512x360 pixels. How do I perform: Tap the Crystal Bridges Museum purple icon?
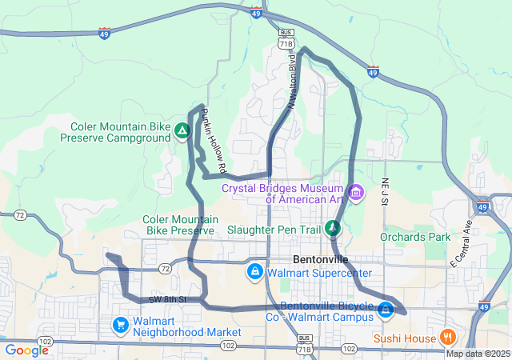pyautogui.click(x=357, y=193)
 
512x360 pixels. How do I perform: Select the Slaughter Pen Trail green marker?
pyautogui.click(x=334, y=229)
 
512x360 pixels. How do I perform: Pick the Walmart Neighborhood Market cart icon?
pyautogui.click(x=120, y=325)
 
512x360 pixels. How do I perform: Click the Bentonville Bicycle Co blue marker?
pyautogui.click(x=386, y=309)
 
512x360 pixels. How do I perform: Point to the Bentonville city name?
pyautogui.click(x=321, y=260)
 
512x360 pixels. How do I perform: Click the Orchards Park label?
pyautogui.click(x=415, y=237)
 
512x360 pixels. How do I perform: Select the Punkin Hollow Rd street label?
pyautogui.click(x=215, y=142)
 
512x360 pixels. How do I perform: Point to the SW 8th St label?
pyautogui.click(x=167, y=299)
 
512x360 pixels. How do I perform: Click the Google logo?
pyautogui.click(x=26, y=350)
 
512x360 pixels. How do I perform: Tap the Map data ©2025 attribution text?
pyautogui.click(x=477, y=354)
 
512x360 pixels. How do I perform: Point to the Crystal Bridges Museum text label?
pyautogui.click(x=283, y=194)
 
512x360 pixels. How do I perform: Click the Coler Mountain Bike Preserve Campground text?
pyautogui.click(x=120, y=132)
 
